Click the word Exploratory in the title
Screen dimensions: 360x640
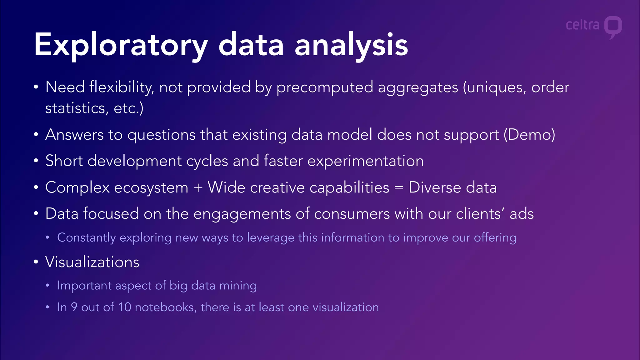tap(120, 45)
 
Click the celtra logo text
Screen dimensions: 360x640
tap(582, 25)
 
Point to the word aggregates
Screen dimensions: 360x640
tap(418, 87)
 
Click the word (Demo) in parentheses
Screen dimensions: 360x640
tap(529, 135)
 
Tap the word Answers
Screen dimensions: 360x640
tap(74, 135)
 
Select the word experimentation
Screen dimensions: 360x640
tap(365, 161)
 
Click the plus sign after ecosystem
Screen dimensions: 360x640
tap(198, 188)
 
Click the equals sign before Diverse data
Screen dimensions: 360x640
tap(399, 188)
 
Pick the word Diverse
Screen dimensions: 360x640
tap(435, 187)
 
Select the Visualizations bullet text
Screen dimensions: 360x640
tap(92, 262)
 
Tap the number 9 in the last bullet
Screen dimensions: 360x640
tap(74, 307)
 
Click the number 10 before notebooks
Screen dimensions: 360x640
tap(124, 307)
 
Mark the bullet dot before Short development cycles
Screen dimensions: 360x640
tap(36, 161)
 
